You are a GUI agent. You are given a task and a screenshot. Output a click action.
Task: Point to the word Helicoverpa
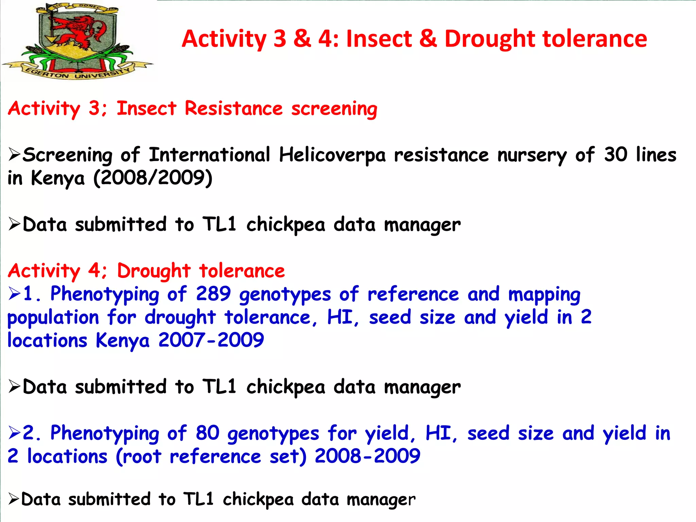(332, 155)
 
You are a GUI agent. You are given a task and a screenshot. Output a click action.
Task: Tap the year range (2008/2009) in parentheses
(153, 178)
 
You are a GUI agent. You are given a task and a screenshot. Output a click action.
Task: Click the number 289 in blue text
(213, 294)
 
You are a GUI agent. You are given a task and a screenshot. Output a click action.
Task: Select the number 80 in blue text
(207, 433)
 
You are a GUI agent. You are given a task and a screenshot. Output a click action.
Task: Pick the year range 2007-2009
(211, 340)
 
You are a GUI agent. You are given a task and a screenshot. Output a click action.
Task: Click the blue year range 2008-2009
(367, 456)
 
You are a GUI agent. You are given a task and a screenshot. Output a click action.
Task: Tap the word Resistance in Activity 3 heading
(233, 109)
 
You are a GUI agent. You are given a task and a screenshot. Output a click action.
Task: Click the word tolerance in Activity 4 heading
(242, 271)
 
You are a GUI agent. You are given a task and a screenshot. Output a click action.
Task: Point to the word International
(209, 155)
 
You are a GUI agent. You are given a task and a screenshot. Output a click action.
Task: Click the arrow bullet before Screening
(15, 155)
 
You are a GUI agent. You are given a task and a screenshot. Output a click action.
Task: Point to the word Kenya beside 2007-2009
(122, 341)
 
